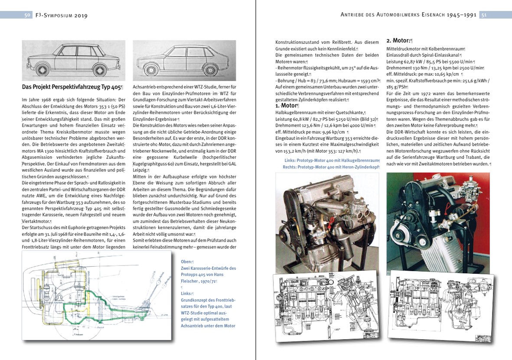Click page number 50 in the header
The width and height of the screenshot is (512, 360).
pyautogui.click(x=27, y=15)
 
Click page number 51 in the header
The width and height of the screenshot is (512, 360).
pyautogui.click(x=483, y=15)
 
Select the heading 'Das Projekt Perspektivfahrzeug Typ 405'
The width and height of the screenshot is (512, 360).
pyautogui.click(x=72, y=87)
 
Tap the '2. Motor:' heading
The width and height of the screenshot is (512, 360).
pyautogui.click(x=398, y=41)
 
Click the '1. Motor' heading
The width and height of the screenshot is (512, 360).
pyautogui.click(x=286, y=105)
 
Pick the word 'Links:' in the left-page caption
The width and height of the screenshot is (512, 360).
pyautogui.click(x=187, y=293)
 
